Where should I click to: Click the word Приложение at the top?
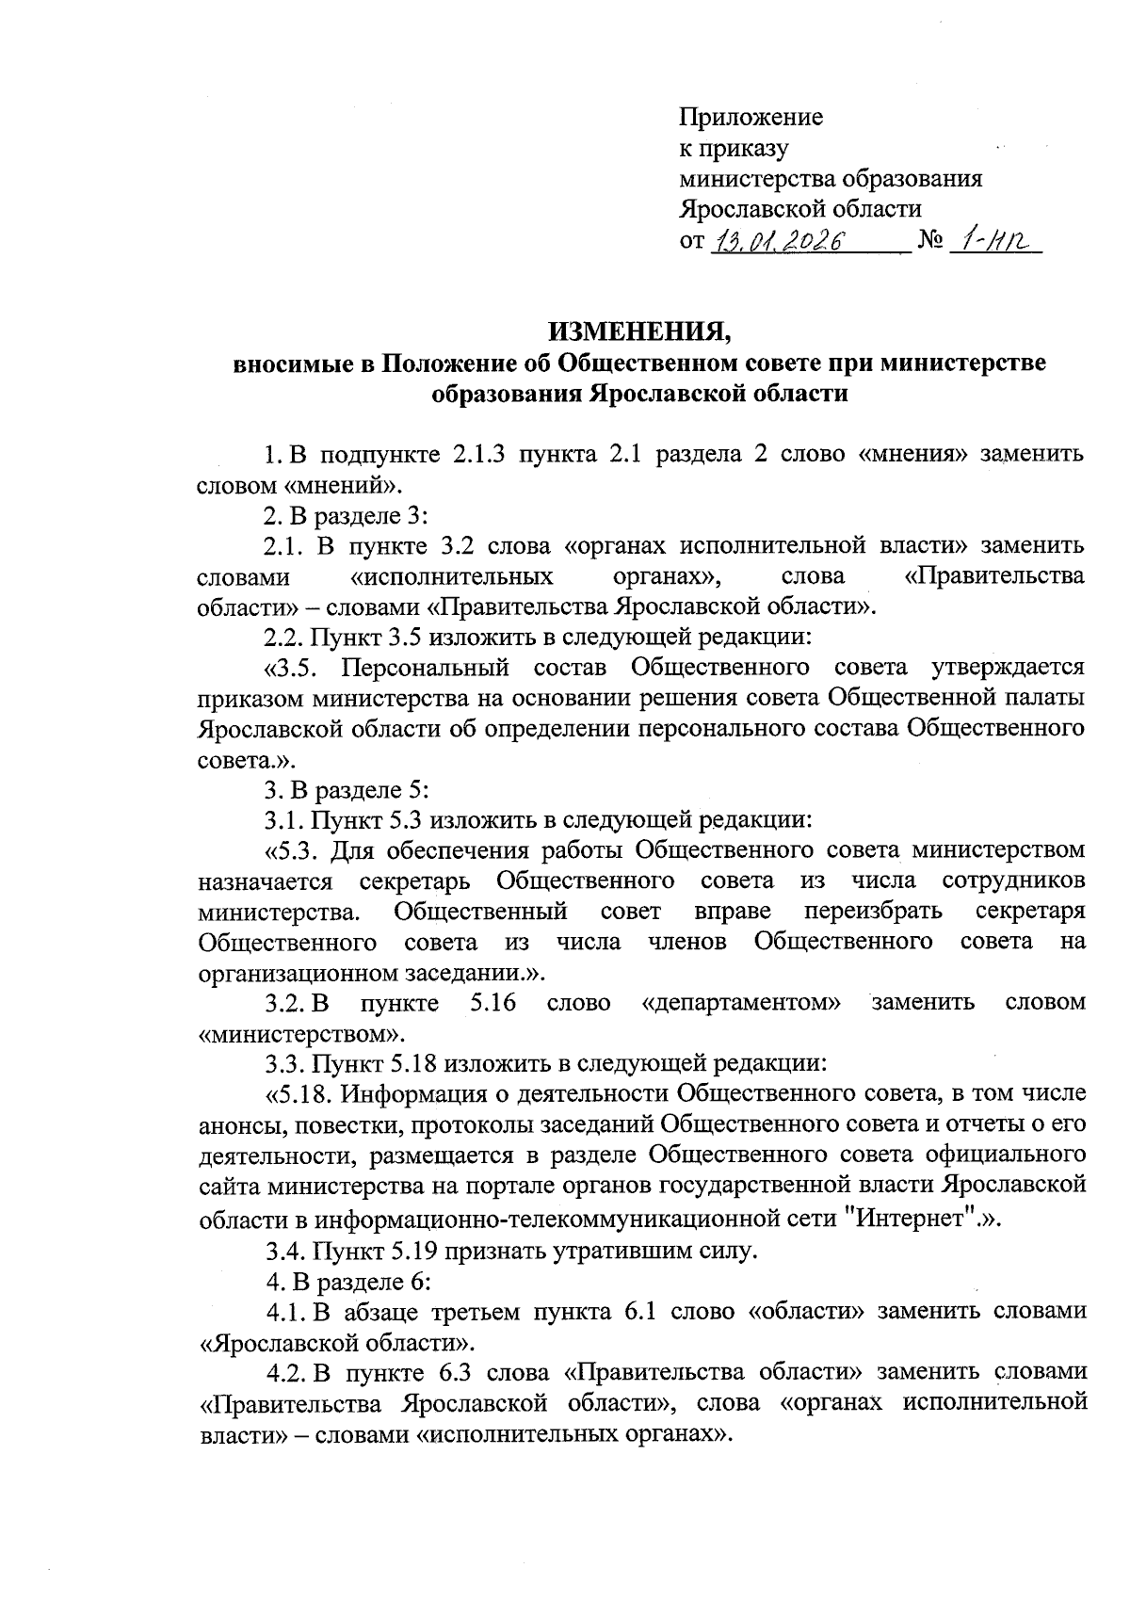[751, 118]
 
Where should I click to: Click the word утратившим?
[634, 1253]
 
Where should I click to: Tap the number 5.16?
[492, 1003]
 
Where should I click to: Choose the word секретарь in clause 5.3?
[413, 881]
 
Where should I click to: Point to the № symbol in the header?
[929, 240]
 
